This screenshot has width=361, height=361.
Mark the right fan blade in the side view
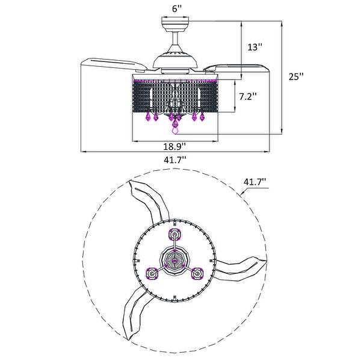(x=238, y=65)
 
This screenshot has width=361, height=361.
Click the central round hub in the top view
(x=175, y=261)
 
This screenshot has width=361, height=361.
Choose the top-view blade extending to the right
(x=244, y=265)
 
